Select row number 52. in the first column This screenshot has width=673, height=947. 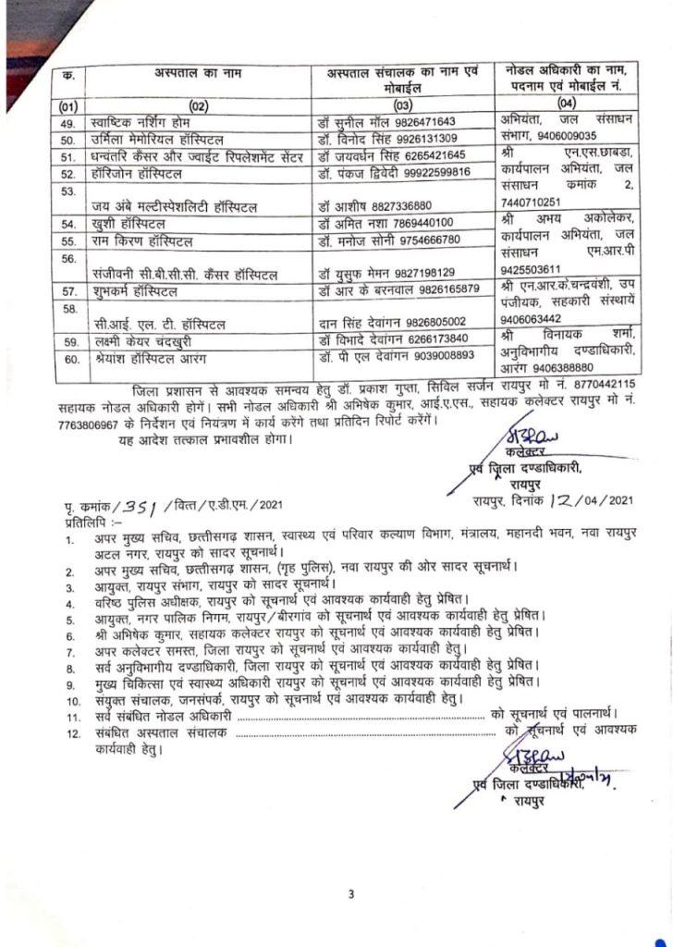point(66,174)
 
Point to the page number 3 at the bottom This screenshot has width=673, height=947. point(351,893)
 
